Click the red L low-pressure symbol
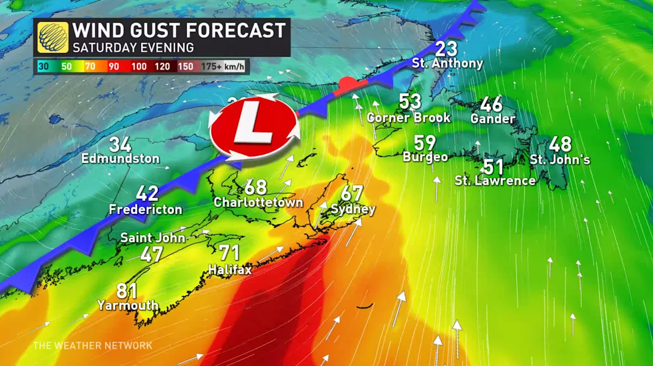[254, 128]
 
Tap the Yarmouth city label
[128, 305]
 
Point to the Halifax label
[230, 269]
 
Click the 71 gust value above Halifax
[230, 253]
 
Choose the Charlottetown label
[258, 202]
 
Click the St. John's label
[560, 160]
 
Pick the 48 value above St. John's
[560, 144]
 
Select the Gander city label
[493, 118]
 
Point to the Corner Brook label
[409, 117]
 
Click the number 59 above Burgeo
[425, 143]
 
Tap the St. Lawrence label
[495, 181]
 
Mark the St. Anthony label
[447, 63]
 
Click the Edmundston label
[120, 159]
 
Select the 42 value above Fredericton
[147, 193]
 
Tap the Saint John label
[153, 237]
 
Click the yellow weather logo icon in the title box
[53, 37]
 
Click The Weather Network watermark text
[93, 345]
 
